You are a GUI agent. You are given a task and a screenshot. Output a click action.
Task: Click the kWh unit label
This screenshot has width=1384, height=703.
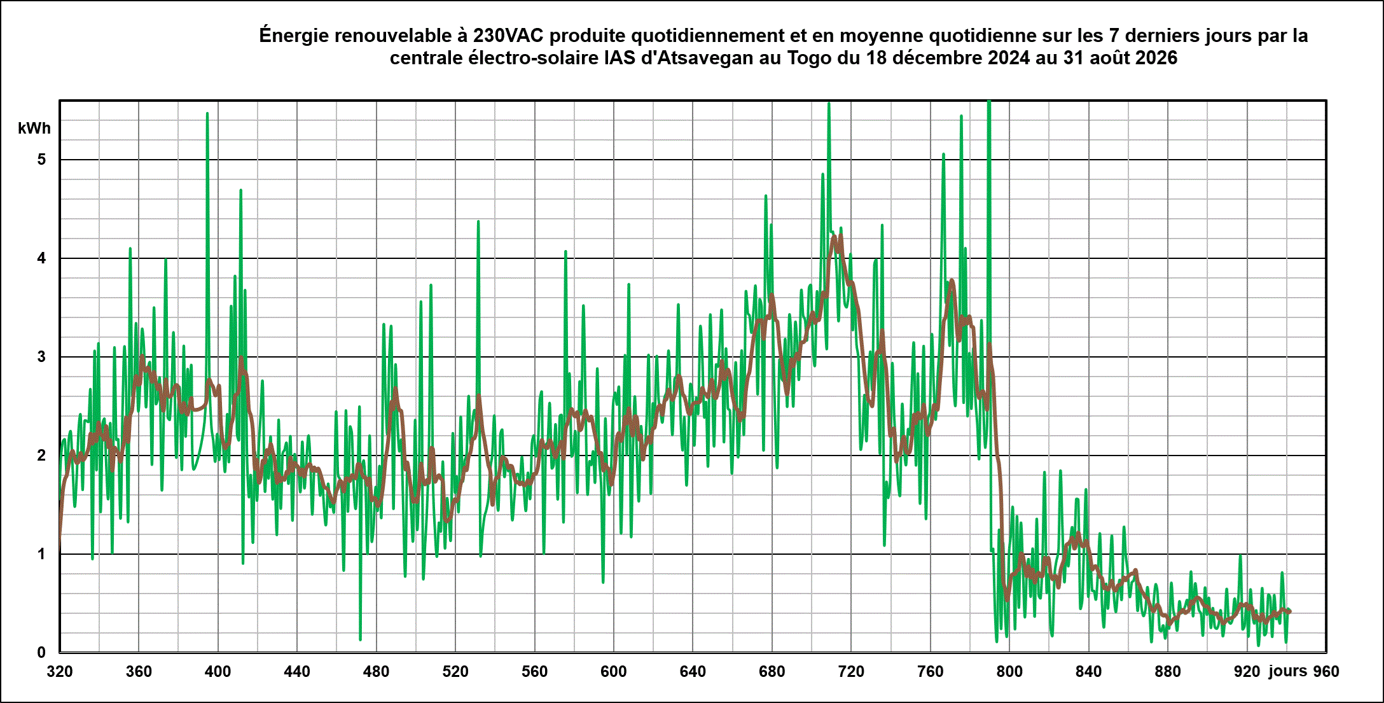point(34,129)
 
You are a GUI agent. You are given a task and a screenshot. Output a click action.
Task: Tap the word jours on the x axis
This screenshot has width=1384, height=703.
point(1287,671)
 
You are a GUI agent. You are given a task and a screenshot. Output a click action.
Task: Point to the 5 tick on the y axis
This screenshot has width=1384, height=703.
point(42,160)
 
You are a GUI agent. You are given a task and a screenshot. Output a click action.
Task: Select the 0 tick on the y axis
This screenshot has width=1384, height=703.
point(42,652)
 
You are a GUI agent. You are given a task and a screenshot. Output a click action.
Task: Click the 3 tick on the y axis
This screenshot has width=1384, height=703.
point(42,357)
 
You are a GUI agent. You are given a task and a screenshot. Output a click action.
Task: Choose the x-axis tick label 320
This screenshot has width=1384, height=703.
point(60,672)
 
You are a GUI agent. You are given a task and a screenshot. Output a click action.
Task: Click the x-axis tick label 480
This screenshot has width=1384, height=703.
point(376,672)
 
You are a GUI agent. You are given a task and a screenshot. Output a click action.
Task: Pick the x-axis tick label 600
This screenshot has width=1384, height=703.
point(614,672)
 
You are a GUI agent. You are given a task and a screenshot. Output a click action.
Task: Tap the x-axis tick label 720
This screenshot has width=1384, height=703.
point(851,672)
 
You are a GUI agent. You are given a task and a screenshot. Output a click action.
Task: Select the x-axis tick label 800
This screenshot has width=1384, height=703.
point(1009,672)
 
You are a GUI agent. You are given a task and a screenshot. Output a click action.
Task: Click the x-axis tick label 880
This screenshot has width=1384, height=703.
point(1168,672)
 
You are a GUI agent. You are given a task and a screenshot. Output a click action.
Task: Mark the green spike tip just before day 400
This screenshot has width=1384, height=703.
point(207,113)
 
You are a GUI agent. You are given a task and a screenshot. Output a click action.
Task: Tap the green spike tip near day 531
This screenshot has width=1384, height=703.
point(478,221)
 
